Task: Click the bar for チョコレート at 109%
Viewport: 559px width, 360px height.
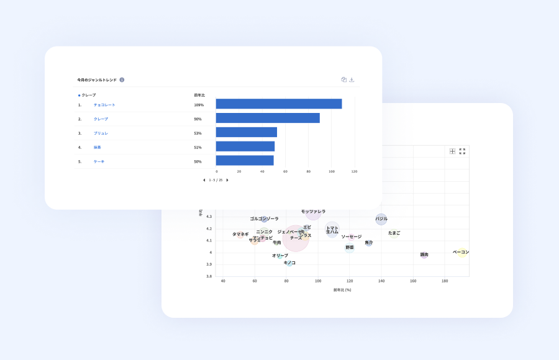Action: coord(278,104)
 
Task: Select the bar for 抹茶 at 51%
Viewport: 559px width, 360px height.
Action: coord(245,146)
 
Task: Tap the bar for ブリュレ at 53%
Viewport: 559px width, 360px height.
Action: coord(246,132)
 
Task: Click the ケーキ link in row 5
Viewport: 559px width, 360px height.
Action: coord(99,161)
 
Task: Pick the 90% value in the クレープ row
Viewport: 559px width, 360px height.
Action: coord(198,119)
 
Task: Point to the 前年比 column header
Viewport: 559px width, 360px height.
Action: coord(199,95)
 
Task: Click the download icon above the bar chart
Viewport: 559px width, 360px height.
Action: coord(352,79)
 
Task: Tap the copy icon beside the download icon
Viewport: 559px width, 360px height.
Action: coord(343,79)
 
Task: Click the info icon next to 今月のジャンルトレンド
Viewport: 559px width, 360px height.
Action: coord(122,79)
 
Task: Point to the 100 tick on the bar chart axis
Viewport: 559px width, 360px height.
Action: coord(331,171)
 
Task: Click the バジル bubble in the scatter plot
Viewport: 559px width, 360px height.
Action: coord(381,219)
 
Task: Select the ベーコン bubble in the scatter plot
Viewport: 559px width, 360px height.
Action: coord(461,253)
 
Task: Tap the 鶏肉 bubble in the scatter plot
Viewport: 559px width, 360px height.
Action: coord(424,254)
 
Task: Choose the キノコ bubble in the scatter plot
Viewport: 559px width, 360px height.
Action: coord(289,263)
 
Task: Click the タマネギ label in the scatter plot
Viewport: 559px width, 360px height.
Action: coord(240,234)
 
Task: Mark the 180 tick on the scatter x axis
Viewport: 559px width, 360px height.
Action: coord(445,281)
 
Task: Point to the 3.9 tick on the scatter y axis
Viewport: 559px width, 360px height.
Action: coord(209,264)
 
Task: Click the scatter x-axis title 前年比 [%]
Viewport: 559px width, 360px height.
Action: coord(342,290)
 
